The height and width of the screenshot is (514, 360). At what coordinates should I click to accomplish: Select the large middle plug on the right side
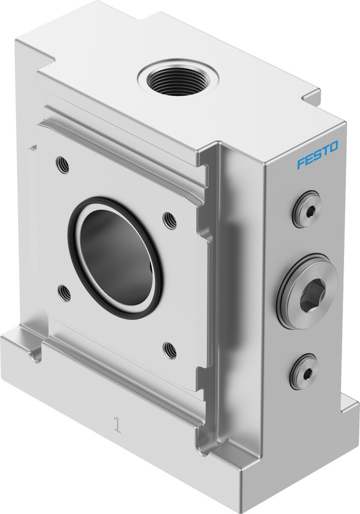coord(307,291)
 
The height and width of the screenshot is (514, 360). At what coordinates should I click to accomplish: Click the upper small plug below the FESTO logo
coord(307,209)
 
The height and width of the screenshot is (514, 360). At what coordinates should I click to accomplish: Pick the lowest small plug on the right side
coord(304,371)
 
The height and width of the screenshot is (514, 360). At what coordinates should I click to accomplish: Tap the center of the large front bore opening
coord(114,257)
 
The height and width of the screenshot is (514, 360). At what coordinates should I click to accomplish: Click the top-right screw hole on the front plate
coord(170,221)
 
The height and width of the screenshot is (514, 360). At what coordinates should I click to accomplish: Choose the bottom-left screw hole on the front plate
coord(65,293)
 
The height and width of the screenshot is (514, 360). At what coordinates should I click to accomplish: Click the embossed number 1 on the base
coord(118,427)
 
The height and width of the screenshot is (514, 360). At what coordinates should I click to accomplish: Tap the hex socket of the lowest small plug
coord(305,372)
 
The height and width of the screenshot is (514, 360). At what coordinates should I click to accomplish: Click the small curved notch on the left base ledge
coord(35,355)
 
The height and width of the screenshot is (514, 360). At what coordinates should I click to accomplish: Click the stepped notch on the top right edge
coord(311,98)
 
